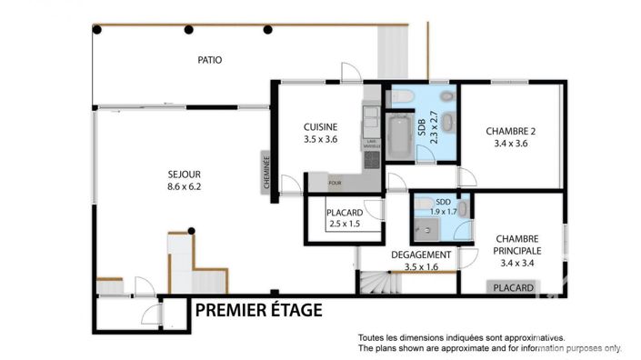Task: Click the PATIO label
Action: pos(210,60)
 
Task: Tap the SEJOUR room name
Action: pos(183,175)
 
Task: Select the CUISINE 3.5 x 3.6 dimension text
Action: pos(320,140)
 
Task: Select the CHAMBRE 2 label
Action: pos(510,130)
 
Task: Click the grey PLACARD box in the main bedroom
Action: pos(514,287)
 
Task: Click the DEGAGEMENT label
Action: pos(420,255)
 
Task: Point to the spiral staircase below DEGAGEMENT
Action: pos(376,284)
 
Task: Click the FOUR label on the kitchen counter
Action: pos(336,180)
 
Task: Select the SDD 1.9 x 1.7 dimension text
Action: pos(443,212)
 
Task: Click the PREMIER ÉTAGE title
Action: pos(258,311)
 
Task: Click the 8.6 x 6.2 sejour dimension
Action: pos(183,187)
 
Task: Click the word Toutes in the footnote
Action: pos(373,336)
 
